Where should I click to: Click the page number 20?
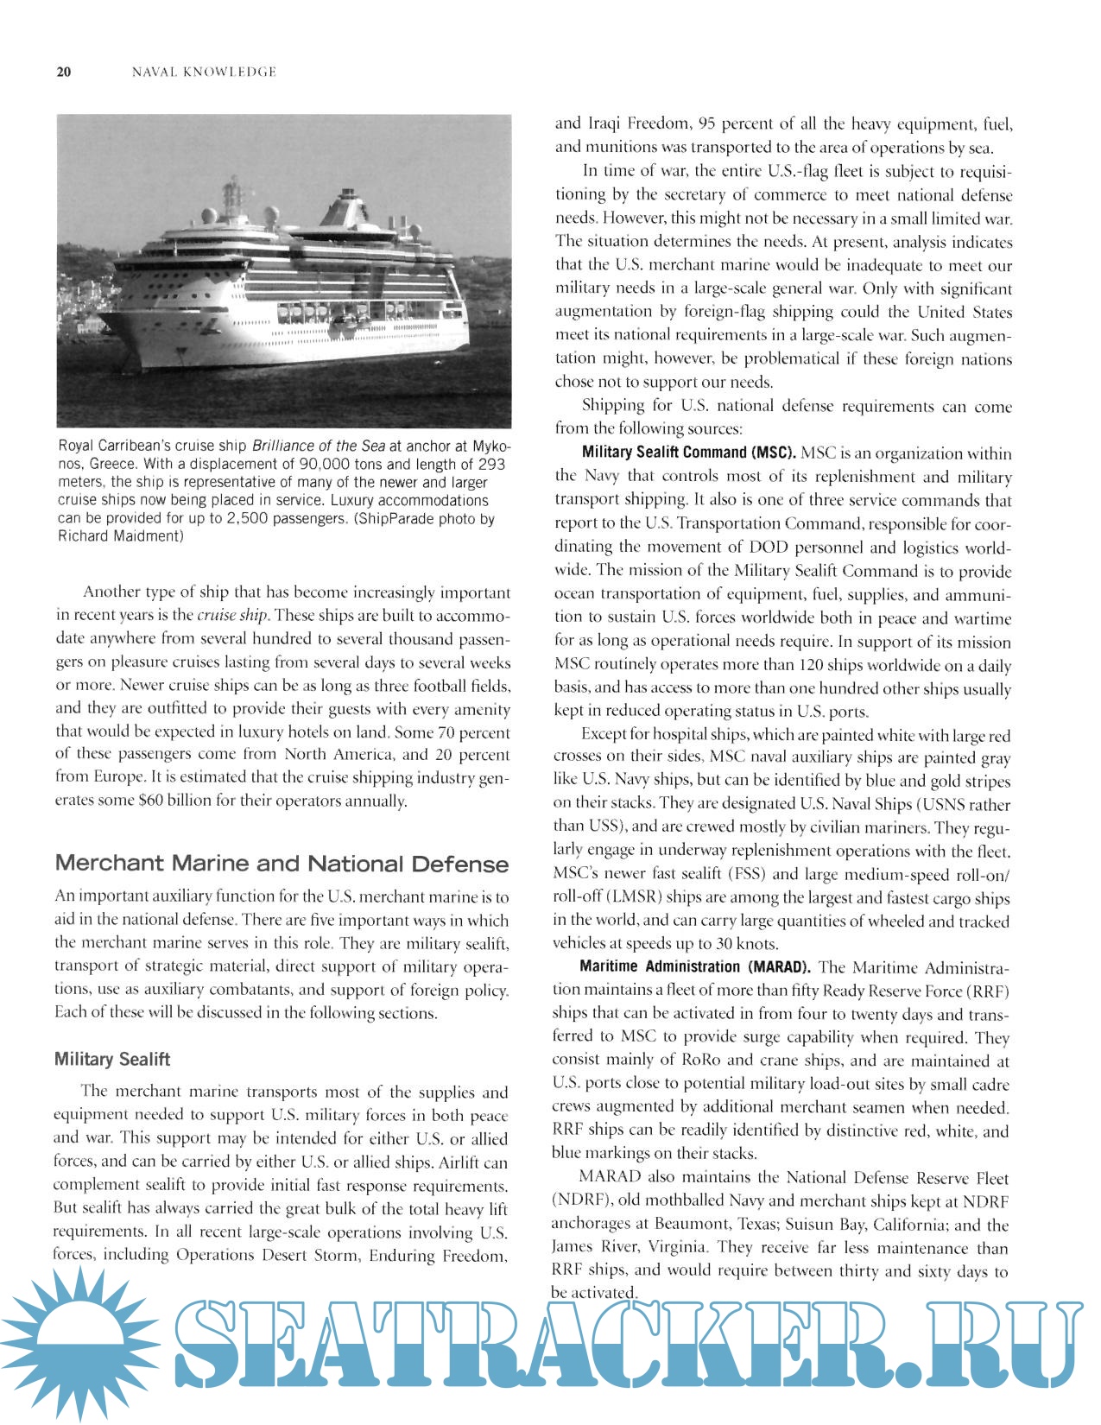tap(64, 72)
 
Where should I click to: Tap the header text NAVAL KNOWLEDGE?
tap(203, 72)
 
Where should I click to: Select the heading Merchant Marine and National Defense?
tap(282, 863)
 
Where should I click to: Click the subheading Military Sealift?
tap(112, 1059)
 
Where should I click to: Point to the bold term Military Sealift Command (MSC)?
tap(688, 452)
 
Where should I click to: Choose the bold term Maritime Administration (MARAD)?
tap(695, 966)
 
